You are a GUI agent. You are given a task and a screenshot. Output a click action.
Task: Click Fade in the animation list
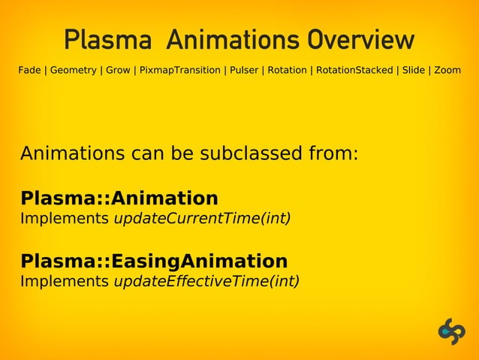click(x=30, y=70)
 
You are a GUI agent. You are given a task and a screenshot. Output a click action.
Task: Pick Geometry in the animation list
click(x=74, y=70)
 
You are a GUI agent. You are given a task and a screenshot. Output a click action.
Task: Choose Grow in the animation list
click(x=118, y=70)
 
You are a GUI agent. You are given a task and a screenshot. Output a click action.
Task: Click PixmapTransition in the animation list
click(x=178, y=70)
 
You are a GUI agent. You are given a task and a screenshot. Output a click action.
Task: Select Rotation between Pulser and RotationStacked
click(x=287, y=70)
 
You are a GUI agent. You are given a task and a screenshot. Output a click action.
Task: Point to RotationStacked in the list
click(x=354, y=70)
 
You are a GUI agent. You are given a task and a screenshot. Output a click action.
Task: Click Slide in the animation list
click(x=414, y=70)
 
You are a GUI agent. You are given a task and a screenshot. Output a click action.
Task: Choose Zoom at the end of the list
click(x=447, y=70)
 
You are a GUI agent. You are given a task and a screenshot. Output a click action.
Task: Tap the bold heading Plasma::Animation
click(x=119, y=198)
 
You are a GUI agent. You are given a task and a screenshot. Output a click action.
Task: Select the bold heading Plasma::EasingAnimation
click(x=154, y=262)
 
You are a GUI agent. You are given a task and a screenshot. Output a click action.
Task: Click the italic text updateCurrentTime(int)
click(x=201, y=219)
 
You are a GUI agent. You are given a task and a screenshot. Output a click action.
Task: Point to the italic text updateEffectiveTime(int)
click(x=206, y=281)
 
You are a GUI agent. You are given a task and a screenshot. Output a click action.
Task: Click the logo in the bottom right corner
click(x=451, y=331)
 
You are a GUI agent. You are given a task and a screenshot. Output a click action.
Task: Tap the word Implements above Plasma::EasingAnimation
click(x=65, y=219)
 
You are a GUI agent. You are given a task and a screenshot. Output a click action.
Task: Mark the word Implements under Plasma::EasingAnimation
click(x=65, y=281)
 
